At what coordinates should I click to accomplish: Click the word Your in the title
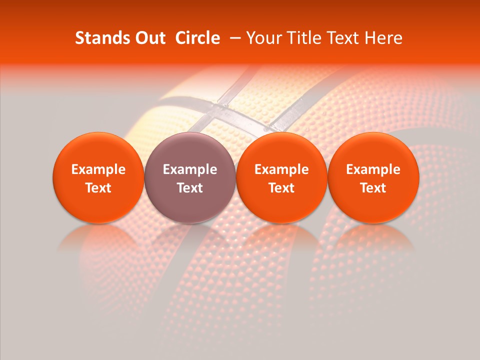(x=261, y=38)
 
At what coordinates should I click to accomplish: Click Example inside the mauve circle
(x=190, y=170)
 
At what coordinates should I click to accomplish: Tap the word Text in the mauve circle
(x=190, y=188)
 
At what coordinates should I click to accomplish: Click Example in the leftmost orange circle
(x=98, y=170)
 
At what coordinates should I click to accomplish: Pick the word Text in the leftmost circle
(x=98, y=188)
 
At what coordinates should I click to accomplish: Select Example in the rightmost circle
(x=373, y=170)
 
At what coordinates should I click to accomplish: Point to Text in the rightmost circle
(x=373, y=188)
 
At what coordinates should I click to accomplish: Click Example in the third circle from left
(x=281, y=170)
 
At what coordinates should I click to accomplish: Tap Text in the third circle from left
(x=281, y=188)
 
